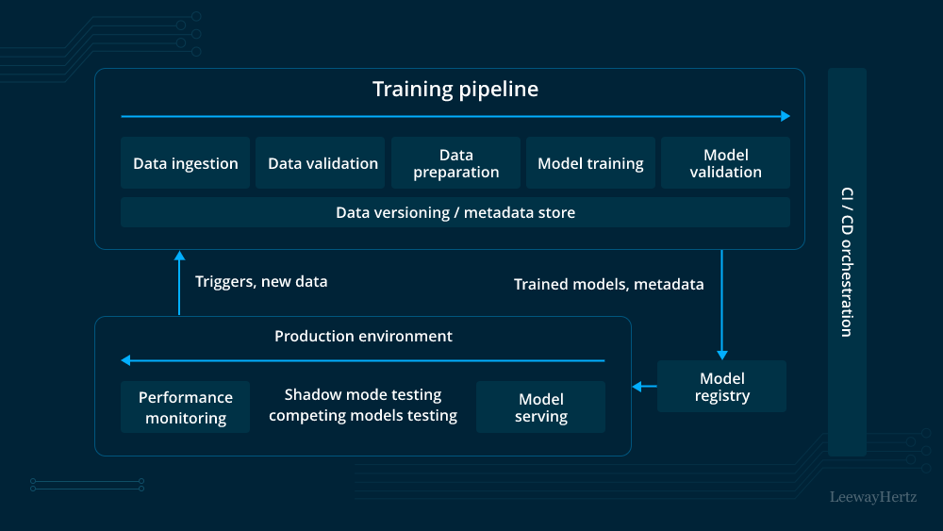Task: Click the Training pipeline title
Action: pyautogui.click(x=455, y=90)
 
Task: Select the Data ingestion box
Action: pyautogui.click(x=186, y=163)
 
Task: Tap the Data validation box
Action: pyautogui.click(x=323, y=163)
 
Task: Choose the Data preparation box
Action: pyautogui.click(x=455, y=163)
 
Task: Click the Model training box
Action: pyautogui.click(x=590, y=163)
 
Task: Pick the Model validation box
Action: pyautogui.click(x=725, y=163)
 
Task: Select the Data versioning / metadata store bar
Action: pyautogui.click(x=455, y=212)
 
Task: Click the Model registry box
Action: pyautogui.click(x=721, y=387)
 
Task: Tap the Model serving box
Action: pyautogui.click(x=540, y=407)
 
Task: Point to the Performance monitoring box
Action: pyautogui.click(x=186, y=407)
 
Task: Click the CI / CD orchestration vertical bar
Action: pyautogui.click(x=847, y=261)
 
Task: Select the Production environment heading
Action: pyautogui.click(x=363, y=337)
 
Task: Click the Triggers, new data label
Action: pyautogui.click(x=261, y=281)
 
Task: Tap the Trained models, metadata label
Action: pyautogui.click(x=608, y=284)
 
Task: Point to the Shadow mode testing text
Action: pyautogui.click(x=363, y=395)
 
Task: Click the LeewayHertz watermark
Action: pyautogui.click(x=872, y=496)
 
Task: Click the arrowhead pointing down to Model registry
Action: pyautogui.click(x=721, y=354)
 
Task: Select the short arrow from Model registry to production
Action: pyautogui.click(x=644, y=386)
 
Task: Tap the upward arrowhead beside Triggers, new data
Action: pyautogui.click(x=179, y=256)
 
